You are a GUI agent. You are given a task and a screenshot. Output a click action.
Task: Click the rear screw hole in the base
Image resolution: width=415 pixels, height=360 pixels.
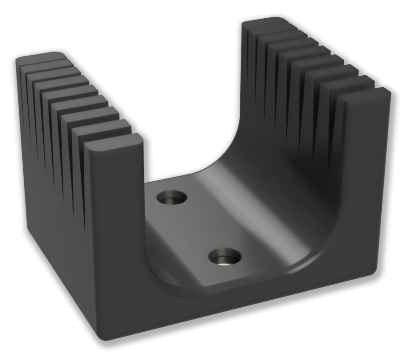(x=171, y=198)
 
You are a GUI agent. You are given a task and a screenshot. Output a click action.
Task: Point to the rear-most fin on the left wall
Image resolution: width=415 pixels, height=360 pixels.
(x=40, y=60)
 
